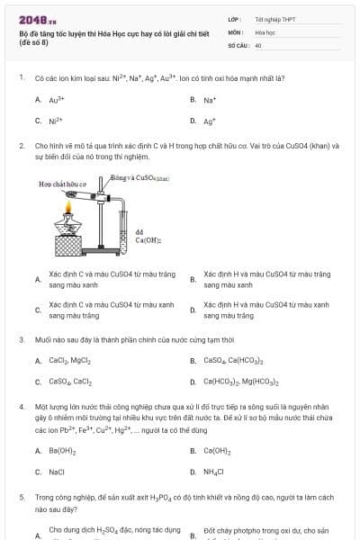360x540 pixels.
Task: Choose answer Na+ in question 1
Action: coord(209,100)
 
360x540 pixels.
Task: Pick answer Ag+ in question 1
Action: coord(209,120)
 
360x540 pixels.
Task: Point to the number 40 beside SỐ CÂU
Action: coord(258,44)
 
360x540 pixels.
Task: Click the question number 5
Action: coord(21,497)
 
